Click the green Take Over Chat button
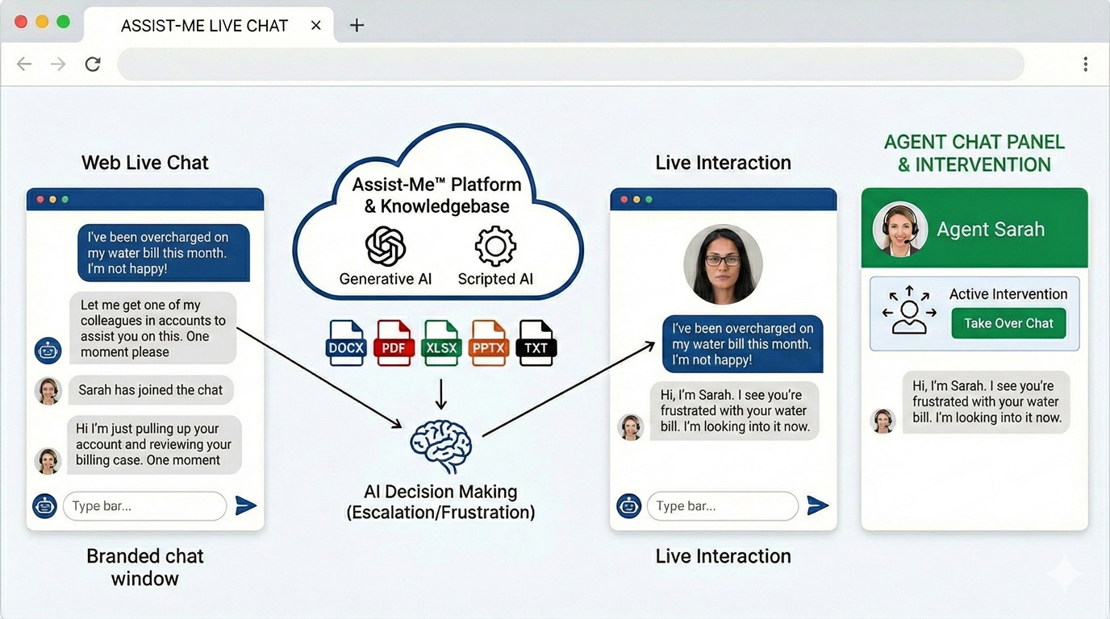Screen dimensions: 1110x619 [1008, 323]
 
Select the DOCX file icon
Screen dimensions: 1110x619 [346, 343]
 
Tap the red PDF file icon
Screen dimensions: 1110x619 [394, 343]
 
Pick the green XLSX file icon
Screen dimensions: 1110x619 [441, 343]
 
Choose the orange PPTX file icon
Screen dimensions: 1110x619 [489, 343]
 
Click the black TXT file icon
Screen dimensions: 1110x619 [536, 343]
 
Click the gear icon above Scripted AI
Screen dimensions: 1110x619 [495, 247]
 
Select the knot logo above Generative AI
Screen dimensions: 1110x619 [386, 247]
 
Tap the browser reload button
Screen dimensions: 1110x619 [93, 64]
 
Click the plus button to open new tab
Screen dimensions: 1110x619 [357, 25]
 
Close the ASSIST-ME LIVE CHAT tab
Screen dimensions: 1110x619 [316, 25]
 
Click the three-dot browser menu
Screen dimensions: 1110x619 [1085, 64]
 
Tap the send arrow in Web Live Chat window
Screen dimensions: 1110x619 [245, 505]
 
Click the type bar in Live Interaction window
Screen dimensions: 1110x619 [722, 506]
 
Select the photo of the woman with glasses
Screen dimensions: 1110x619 [723, 264]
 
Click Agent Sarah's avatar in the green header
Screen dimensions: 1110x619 [899, 229]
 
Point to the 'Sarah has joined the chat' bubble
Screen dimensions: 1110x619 [151, 390]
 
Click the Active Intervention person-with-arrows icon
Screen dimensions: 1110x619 [909, 309]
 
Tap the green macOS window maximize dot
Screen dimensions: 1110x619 [63, 22]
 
